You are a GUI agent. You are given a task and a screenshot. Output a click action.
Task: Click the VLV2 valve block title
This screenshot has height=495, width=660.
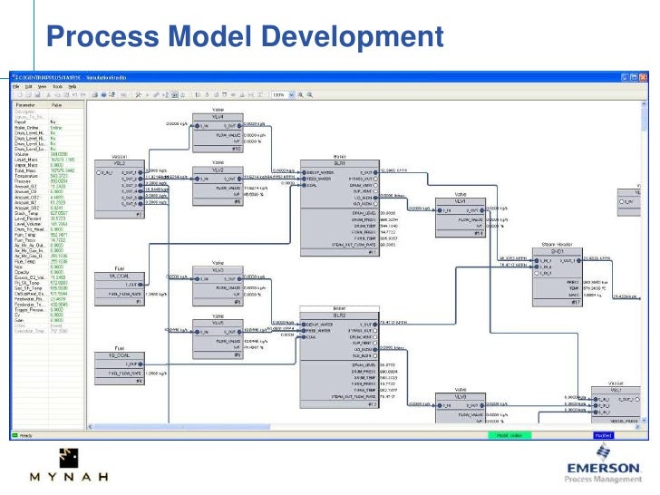pos(218,169)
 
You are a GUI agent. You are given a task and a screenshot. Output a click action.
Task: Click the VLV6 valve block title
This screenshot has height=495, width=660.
pos(461,396)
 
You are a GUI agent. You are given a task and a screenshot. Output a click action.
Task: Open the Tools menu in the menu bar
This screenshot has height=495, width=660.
pos(59,86)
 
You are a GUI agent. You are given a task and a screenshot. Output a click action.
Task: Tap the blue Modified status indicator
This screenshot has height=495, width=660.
pos(600,436)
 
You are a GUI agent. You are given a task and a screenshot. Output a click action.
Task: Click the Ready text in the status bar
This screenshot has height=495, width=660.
pos(28,436)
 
